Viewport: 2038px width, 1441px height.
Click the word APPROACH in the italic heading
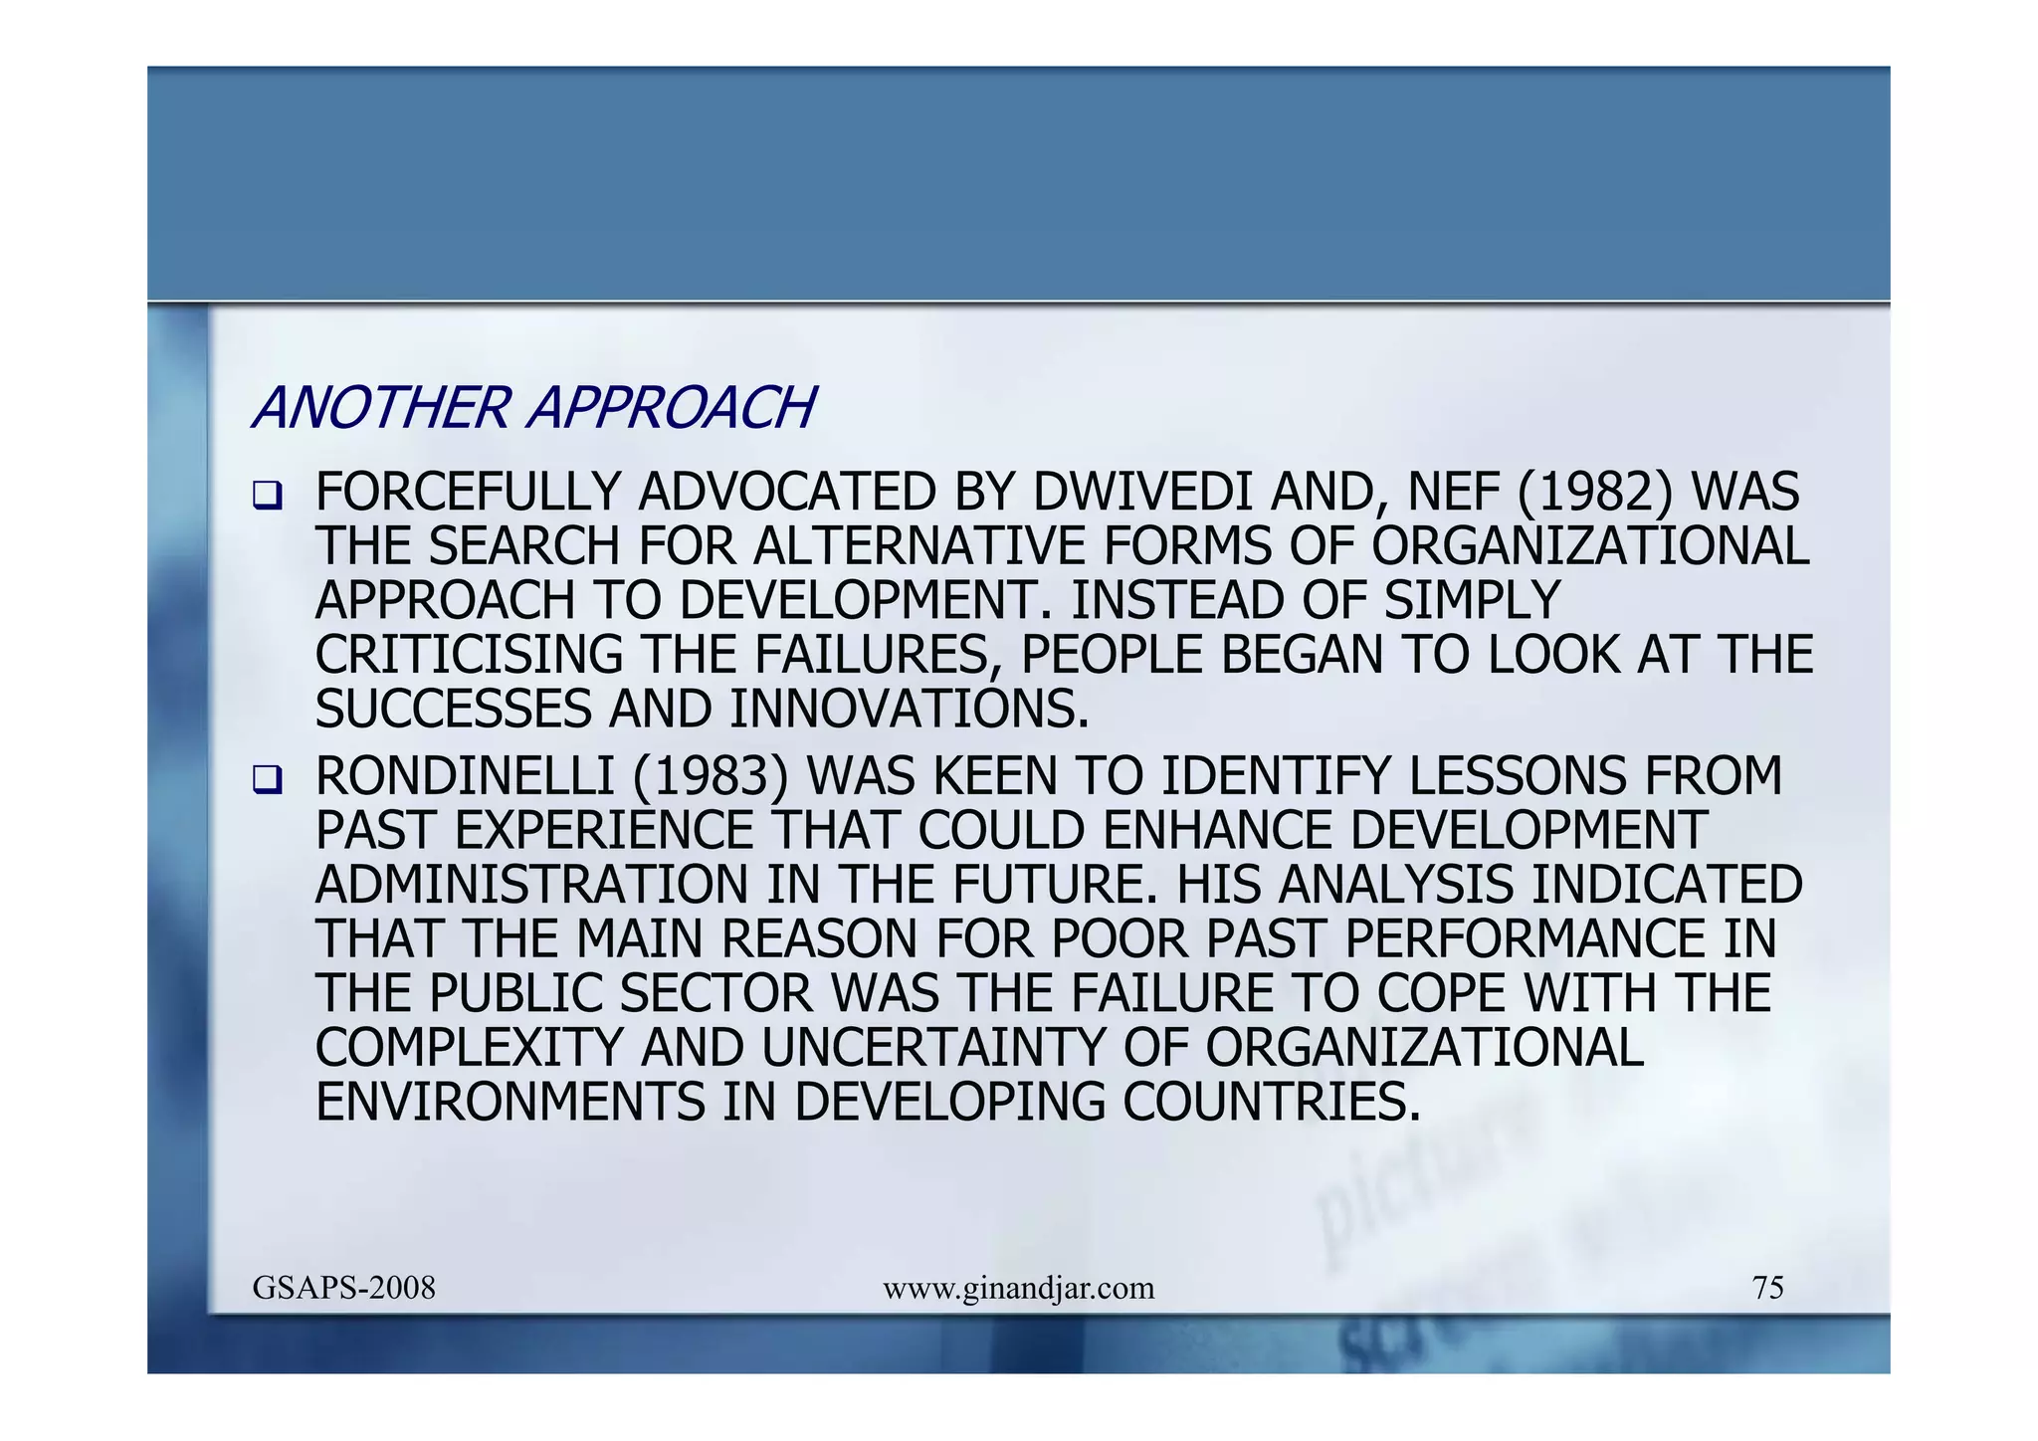click(x=673, y=408)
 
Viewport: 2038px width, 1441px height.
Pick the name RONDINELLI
click(x=465, y=777)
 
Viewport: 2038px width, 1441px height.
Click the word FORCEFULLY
click(x=468, y=493)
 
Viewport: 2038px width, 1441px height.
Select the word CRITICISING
click(x=469, y=656)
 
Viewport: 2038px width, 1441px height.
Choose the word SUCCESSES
click(x=454, y=710)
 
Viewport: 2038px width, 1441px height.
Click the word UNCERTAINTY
click(x=933, y=1048)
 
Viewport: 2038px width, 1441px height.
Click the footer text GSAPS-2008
click(x=344, y=1289)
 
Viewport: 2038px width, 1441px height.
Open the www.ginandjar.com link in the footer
click(x=1018, y=1289)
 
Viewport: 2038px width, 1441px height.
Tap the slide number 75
click(x=1767, y=1289)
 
